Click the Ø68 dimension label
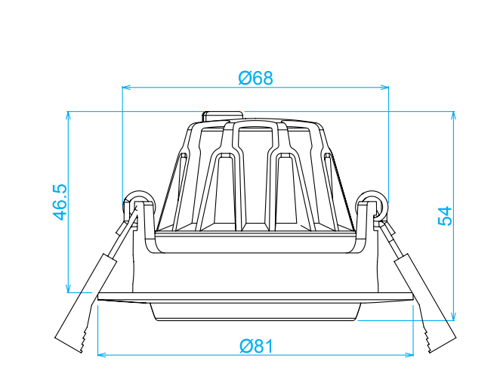pyautogui.click(x=255, y=78)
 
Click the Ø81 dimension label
pyautogui.click(x=255, y=346)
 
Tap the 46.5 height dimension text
pyautogui.click(x=60, y=202)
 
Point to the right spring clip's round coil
pyautogui.click(x=371, y=201)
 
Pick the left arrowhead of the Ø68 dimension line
pyautogui.click(x=126, y=87)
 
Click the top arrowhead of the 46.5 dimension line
pyautogui.click(x=68, y=116)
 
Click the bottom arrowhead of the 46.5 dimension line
pyautogui.click(x=68, y=289)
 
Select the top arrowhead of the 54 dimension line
pyautogui.click(x=453, y=116)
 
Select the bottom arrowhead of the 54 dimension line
pyautogui.click(x=453, y=316)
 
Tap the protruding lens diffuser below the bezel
pyautogui.click(x=255, y=312)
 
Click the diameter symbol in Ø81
pyautogui.click(x=246, y=346)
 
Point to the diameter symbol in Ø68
pyautogui.click(x=245, y=78)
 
